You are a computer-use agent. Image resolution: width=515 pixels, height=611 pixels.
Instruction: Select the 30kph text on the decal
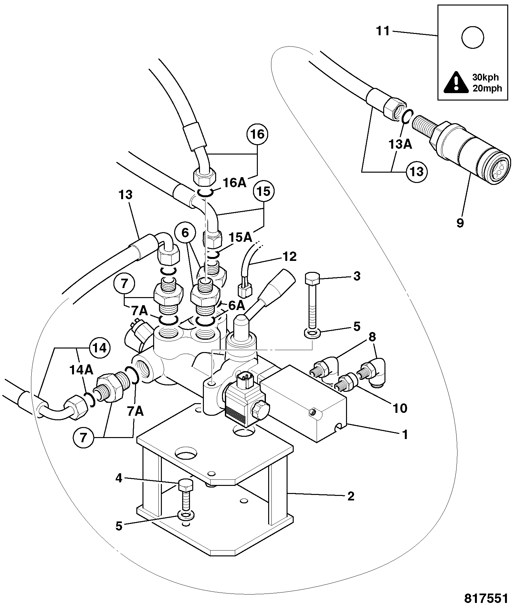click(x=486, y=78)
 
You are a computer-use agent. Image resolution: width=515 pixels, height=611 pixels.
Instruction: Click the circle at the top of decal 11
click(x=473, y=38)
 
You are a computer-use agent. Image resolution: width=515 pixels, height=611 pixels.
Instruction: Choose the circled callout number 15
click(x=264, y=191)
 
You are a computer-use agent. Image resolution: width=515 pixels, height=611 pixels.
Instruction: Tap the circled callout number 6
click(x=185, y=233)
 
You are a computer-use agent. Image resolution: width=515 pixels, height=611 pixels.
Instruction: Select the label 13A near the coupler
click(x=400, y=144)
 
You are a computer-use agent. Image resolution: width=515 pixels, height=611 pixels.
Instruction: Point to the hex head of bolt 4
click(x=186, y=486)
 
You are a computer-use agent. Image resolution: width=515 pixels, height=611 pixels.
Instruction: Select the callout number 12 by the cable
click(x=289, y=257)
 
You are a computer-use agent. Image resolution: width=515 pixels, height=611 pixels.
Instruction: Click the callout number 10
click(x=400, y=408)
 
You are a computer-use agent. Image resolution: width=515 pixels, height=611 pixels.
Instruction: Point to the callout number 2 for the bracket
click(x=351, y=496)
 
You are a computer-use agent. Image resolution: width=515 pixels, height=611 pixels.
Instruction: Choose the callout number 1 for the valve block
click(x=404, y=434)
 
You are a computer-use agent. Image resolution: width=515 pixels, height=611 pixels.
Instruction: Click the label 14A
click(x=81, y=370)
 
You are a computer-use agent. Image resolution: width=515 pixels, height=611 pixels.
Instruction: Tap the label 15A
click(x=240, y=238)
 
